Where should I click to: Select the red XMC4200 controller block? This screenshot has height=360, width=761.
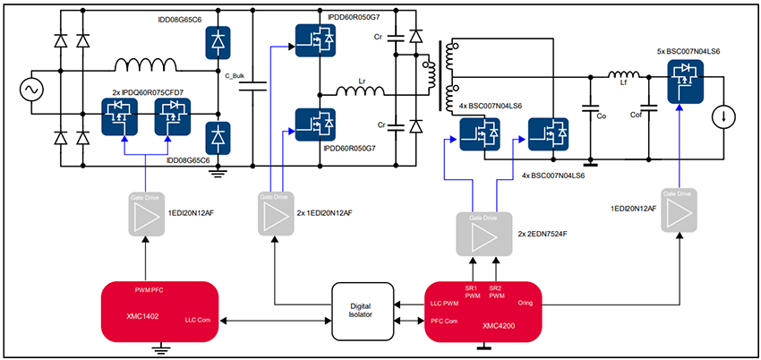pyautogui.click(x=484, y=311)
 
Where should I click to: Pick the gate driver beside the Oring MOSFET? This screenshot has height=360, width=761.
pyautogui.click(x=678, y=212)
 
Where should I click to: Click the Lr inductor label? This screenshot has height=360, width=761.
pyautogui.click(x=362, y=80)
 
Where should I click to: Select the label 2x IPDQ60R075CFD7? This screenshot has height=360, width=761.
pyautogui.click(x=148, y=92)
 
